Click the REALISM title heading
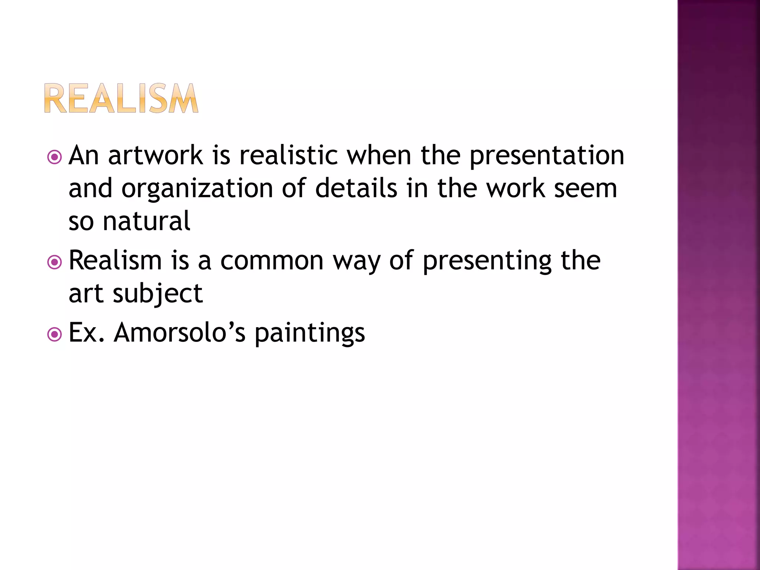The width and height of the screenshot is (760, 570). pos(121,98)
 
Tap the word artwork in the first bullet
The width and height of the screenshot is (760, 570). pos(155,155)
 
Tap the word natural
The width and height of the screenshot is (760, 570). pos(146,221)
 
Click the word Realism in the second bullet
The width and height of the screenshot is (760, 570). pos(115,261)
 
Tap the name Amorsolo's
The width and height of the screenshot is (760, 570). pos(180,332)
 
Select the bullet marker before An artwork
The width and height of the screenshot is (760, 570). pos(55,157)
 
